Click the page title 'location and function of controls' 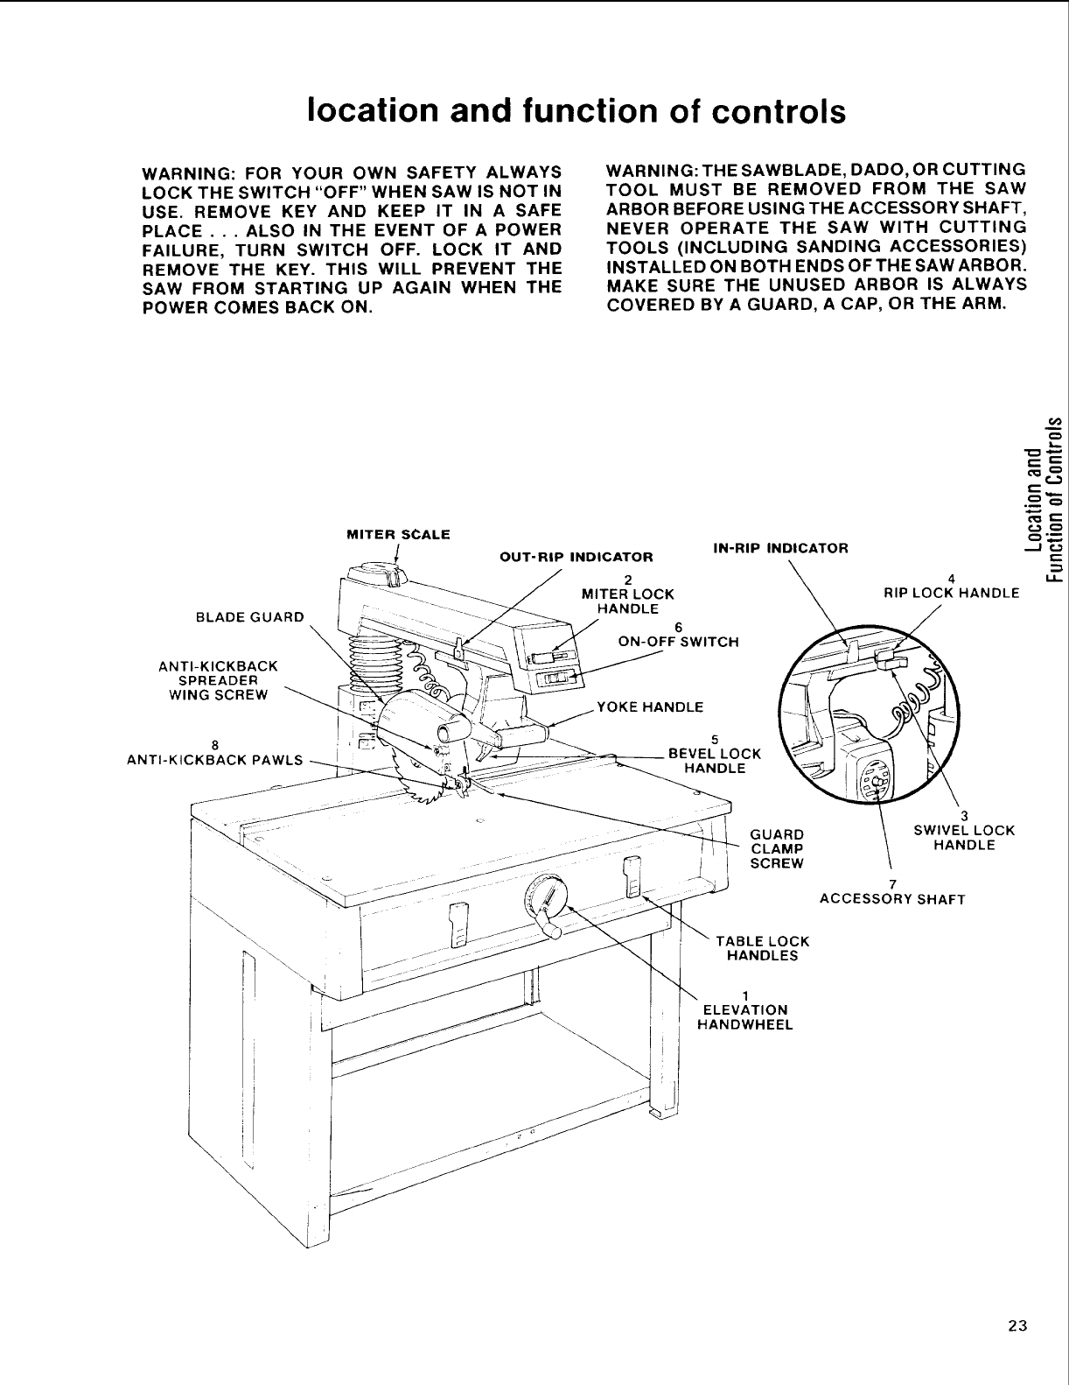click(x=576, y=112)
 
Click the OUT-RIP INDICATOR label click(x=576, y=557)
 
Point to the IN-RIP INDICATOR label click(x=780, y=549)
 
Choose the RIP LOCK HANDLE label click(x=953, y=593)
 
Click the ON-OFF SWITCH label click(x=678, y=641)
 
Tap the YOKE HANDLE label click(x=649, y=707)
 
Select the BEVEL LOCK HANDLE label click(x=714, y=760)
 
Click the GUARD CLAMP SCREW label click(x=777, y=847)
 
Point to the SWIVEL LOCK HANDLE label click(x=963, y=838)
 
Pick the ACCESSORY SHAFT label click(x=891, y=899)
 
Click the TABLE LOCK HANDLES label click(x=762, y=948)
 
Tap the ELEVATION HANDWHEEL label click(x=744, y=1016)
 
